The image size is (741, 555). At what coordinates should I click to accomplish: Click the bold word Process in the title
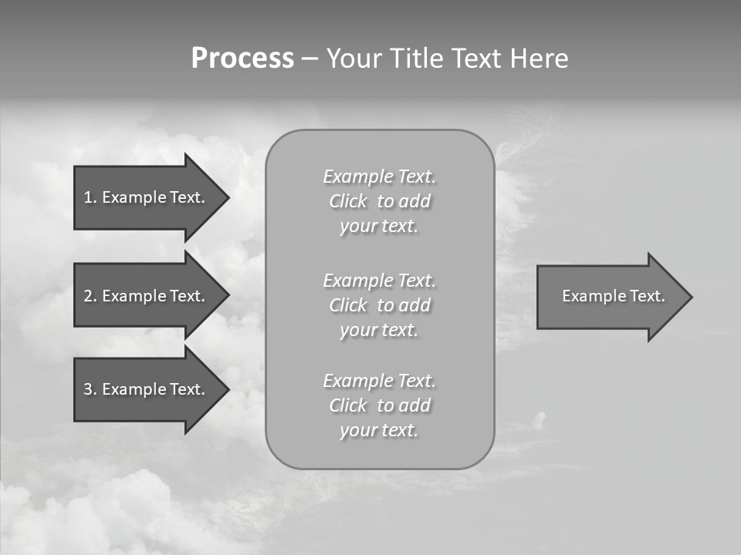pos(242,59)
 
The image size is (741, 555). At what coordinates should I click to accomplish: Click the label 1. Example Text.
pos(144,197)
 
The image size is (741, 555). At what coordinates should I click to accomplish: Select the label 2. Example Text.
pos(144,296)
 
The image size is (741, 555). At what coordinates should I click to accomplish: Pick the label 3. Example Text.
pos(144,389)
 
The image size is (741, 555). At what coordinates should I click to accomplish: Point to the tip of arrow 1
pos(228,198)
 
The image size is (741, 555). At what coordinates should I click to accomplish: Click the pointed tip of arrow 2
pos(228,296)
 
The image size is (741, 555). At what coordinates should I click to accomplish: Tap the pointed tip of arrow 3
pos(228,389)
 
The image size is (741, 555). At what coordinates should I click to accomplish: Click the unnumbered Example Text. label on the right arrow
pos(613,296)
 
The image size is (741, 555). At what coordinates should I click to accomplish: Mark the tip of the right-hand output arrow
pos(691,297)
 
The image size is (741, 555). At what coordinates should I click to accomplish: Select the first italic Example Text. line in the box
pos(379,177)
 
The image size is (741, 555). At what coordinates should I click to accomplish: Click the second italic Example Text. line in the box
pos(379,281)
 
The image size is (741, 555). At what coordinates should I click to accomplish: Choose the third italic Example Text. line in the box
pos(379,381)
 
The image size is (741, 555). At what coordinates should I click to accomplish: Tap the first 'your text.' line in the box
pos(379,227)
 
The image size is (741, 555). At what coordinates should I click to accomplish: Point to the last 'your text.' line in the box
pos(379,431)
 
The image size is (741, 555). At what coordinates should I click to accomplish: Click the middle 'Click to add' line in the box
pos(379,306)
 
